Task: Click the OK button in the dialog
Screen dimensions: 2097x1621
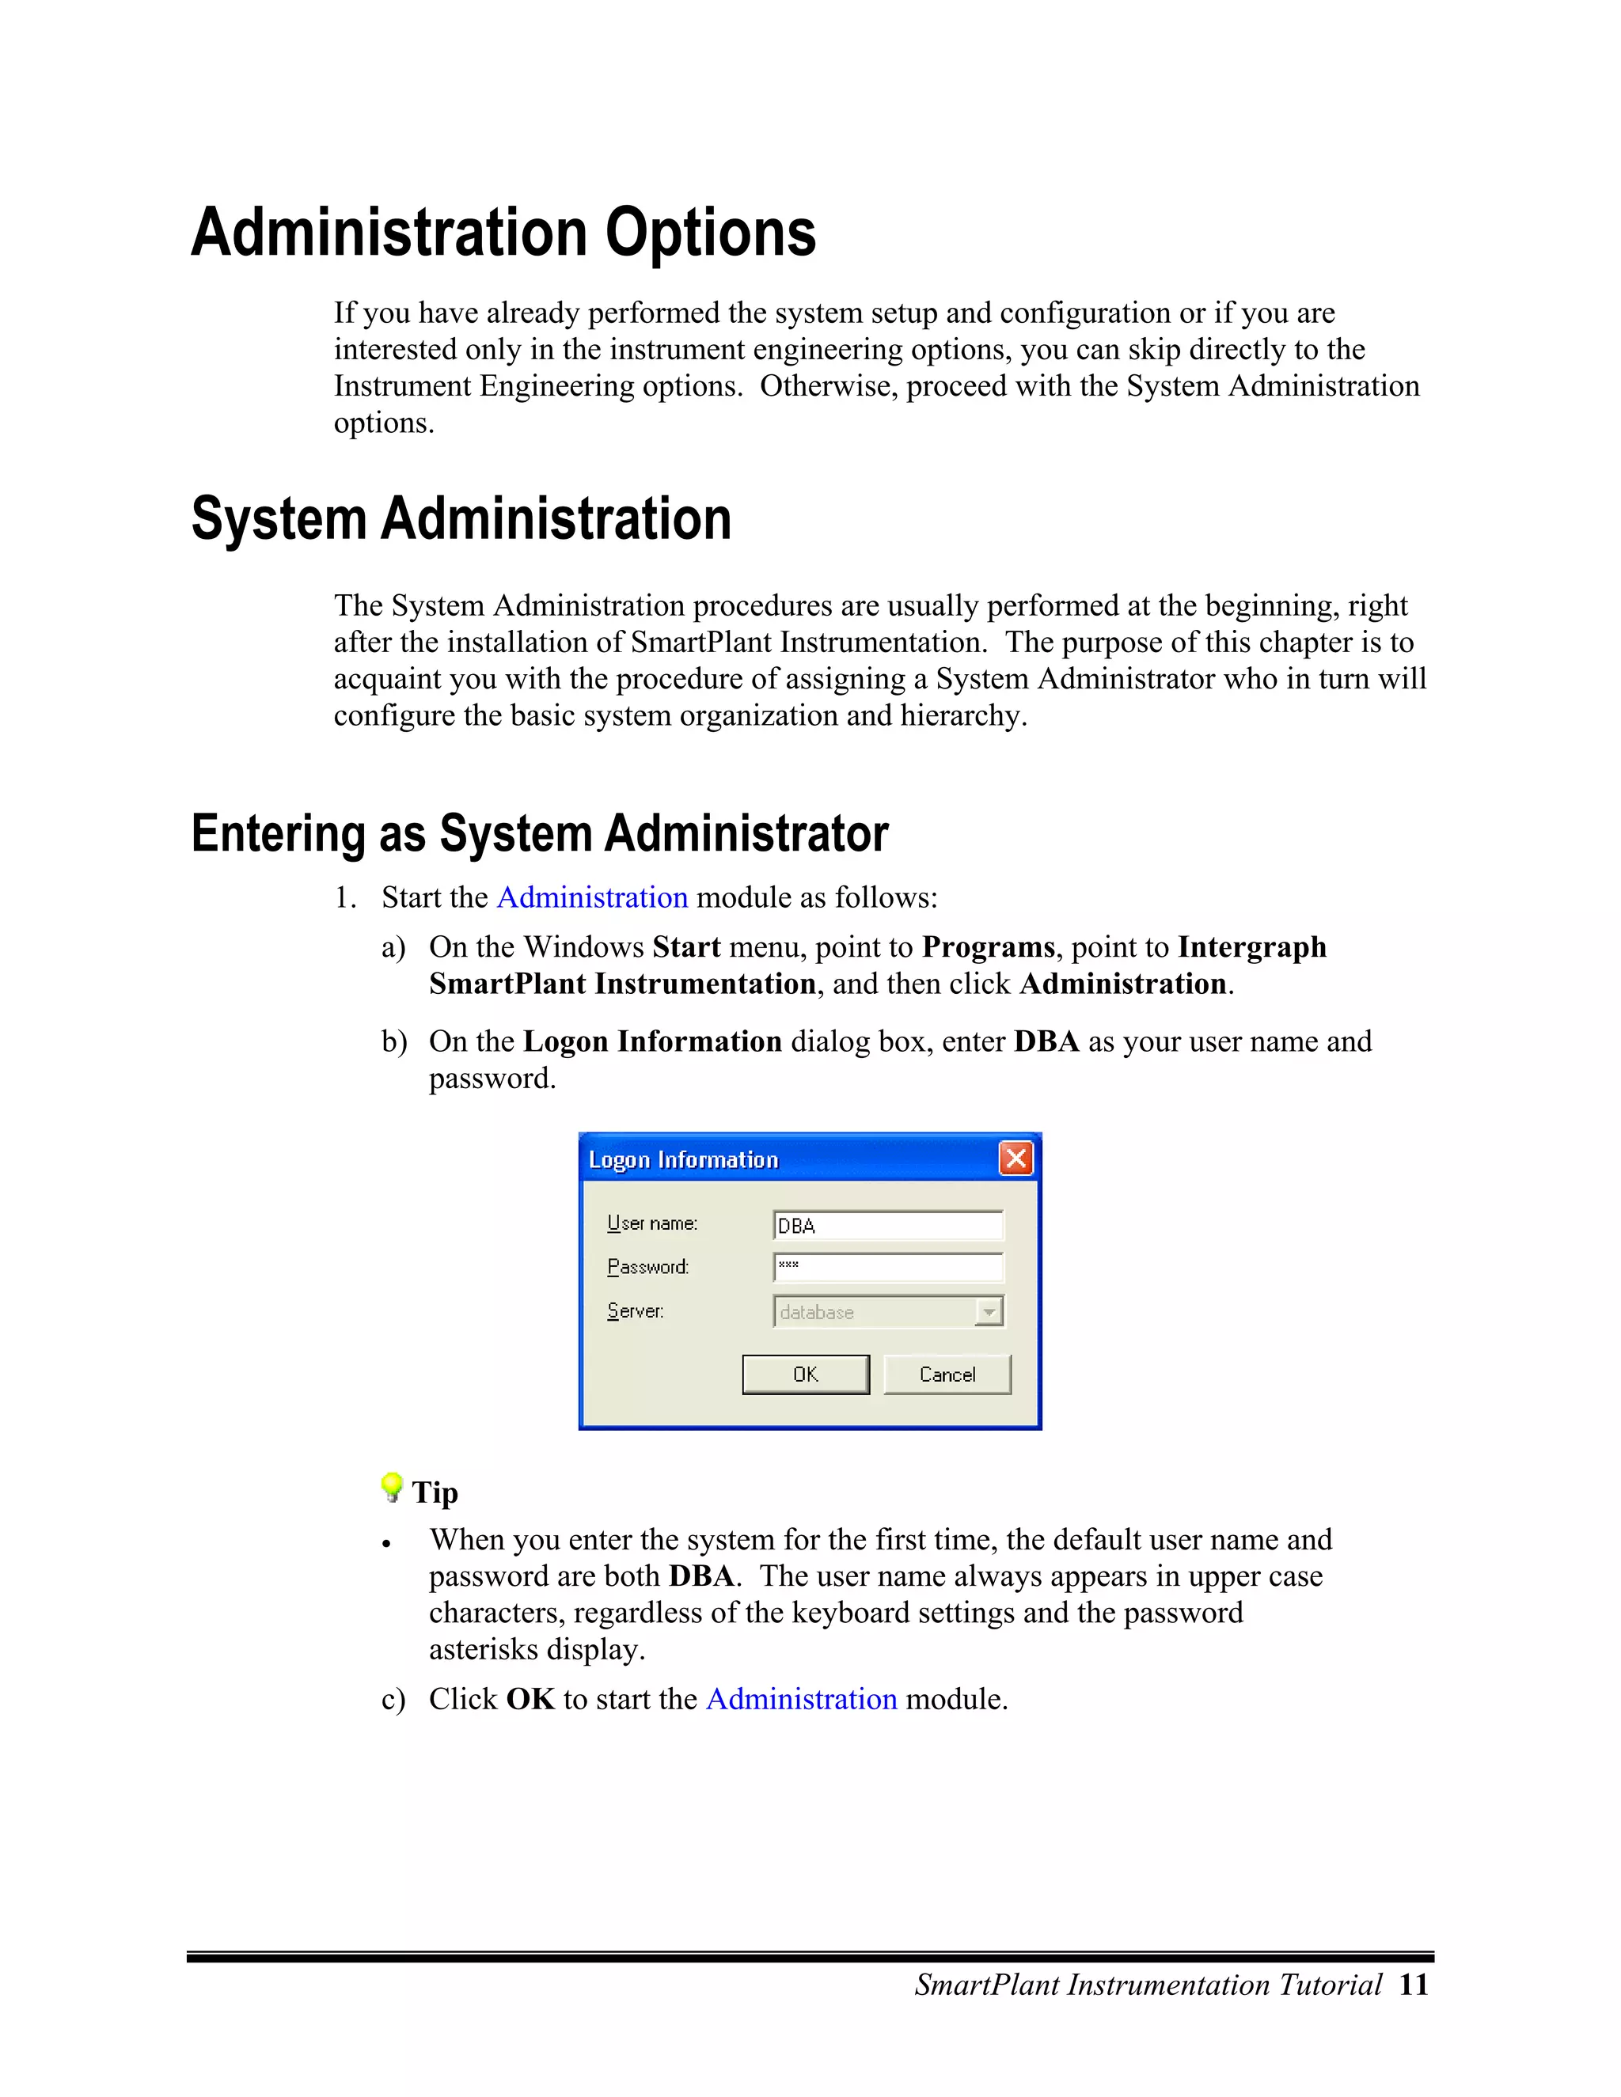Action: click(x=805, y=1374)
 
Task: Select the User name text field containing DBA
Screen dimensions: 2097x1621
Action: click(x=887, y=1225)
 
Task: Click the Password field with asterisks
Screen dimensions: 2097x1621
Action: click(x=887, y=1266)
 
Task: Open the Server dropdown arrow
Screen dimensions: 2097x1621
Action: click(x=988, y=1311)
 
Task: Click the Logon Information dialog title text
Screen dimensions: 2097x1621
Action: click(x=683, y=1160)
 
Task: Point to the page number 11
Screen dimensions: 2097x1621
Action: click(x=1414, y=1985)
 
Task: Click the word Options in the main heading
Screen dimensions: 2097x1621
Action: click(x=710, y=233)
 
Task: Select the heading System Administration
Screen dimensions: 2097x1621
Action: click(x=461, y=519)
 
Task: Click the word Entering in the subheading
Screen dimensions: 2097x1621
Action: click(x=279, y=833)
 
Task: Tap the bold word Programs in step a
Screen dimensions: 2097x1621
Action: click(x=987, y=946)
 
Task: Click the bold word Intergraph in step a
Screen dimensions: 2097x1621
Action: click(x=1251, y=946)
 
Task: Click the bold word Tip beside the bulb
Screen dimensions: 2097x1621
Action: click(x=435, y=1492)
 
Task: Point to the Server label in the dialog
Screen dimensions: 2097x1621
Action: click(x=635, y=1310)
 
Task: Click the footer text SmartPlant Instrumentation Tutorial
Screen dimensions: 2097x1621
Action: click(x=1148, y=1985)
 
